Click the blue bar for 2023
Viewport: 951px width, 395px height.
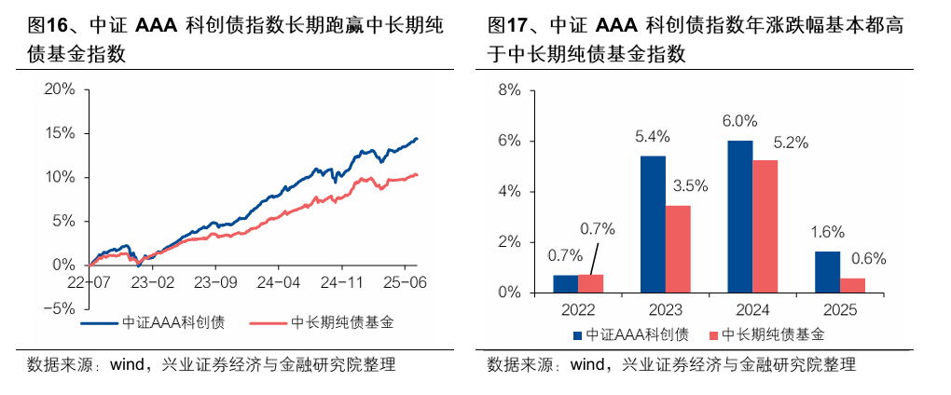[x=653, y=224]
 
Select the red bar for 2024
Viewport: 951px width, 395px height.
[x=765, y=226]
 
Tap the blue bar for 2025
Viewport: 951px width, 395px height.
[x=827, y=271]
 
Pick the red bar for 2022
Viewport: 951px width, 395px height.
[x=590, y=283]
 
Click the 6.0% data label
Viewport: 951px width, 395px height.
[x=739, y=121]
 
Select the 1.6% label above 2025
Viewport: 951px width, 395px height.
[x=827, y=232]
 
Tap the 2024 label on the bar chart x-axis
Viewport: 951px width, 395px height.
[x=751, y=307]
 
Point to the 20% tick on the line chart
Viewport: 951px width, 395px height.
[x=59, y=89]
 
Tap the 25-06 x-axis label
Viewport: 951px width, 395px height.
[x=407, y=280]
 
